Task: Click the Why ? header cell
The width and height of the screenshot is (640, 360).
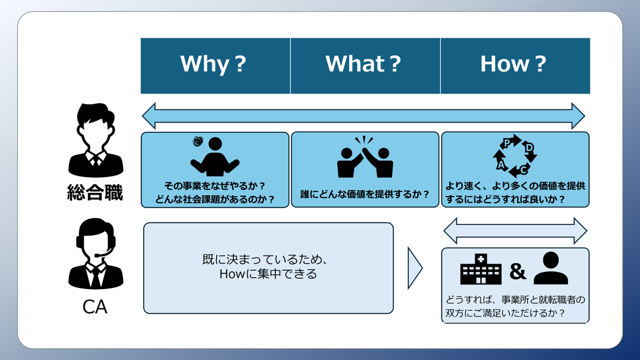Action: point(215,65)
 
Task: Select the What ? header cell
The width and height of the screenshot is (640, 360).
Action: point(365,65)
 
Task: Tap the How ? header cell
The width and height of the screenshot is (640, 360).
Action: point(515,65)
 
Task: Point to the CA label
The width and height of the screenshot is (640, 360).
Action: point(95,307)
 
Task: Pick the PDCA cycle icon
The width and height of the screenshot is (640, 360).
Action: point(515,156)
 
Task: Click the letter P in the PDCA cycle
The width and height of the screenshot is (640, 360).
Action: point(506,143)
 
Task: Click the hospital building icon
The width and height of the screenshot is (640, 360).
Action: point(481,269)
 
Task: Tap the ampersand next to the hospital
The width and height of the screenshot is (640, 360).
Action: point(517,271)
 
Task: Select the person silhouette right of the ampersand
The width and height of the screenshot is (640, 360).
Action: point(551,268)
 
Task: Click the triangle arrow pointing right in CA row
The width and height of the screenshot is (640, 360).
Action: point(414,268)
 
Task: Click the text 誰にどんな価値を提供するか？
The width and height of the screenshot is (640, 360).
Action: point(365,194)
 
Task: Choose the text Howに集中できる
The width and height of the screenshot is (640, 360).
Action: point(268,274)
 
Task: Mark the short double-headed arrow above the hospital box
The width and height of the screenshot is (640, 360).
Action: point(515,231)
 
